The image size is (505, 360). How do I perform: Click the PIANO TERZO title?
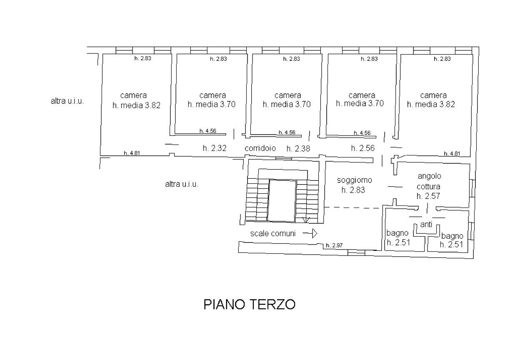pos(249,304)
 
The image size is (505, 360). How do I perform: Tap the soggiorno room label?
pos(355,180)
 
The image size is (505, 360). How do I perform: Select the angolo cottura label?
pos(429,181)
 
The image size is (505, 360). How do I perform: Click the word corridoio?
pos(260,148)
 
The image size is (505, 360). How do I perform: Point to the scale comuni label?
pos(273,233)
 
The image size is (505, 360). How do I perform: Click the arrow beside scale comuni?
pos(310,233)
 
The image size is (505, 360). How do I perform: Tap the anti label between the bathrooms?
pos(426,224)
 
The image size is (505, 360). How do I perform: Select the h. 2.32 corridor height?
pos(215,148)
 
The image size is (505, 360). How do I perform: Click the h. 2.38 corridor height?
pos(298,149)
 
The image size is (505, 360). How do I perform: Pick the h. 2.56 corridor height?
pos(363,148)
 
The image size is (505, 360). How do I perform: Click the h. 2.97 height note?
pos(334,245)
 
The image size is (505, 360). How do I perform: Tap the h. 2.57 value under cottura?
pos(428,196)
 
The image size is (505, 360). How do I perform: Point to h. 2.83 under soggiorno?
pos(353,190)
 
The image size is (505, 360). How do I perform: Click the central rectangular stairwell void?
pos(282,201)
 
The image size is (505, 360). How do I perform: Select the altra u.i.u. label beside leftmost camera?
pos(67,101)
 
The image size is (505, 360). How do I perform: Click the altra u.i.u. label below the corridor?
pos(182,184)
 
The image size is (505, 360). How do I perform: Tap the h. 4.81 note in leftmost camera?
pos(132,153)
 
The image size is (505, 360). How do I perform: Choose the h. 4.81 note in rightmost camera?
pos(452,153)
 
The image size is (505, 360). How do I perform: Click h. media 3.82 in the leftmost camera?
pos(136,105)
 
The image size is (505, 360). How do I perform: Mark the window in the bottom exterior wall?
pos(356,252)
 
